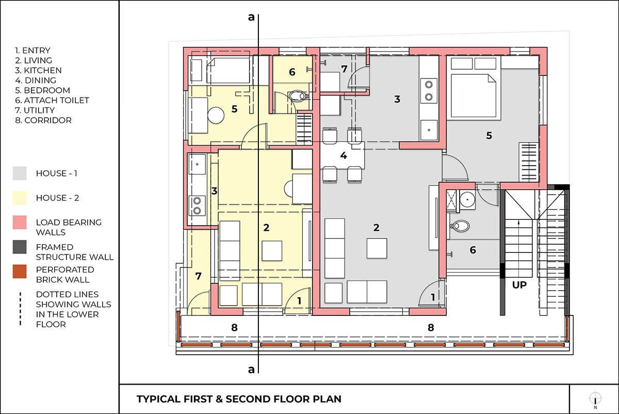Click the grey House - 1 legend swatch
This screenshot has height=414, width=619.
20,173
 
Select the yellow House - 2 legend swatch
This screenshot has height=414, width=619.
20,198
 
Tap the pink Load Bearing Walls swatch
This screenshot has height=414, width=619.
20,222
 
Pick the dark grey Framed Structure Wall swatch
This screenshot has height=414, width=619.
20,247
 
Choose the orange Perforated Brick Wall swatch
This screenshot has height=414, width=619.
20,272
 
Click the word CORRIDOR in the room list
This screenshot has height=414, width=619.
48,120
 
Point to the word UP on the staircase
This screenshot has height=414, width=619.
519,285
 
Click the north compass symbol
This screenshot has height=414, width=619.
595,399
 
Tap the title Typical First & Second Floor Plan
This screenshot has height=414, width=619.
239,399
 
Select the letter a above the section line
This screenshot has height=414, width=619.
251,18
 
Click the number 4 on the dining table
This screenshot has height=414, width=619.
344,155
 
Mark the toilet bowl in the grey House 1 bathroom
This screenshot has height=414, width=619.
459,226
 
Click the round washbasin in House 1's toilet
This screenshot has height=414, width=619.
467,199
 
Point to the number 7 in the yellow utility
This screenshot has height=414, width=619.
198,276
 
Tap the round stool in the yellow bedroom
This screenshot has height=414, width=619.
216,115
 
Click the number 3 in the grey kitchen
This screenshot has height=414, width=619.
397,99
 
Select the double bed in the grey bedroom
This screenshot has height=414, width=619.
474,95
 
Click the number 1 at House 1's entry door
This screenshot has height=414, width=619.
433,297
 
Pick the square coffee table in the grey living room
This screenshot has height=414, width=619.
377,248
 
